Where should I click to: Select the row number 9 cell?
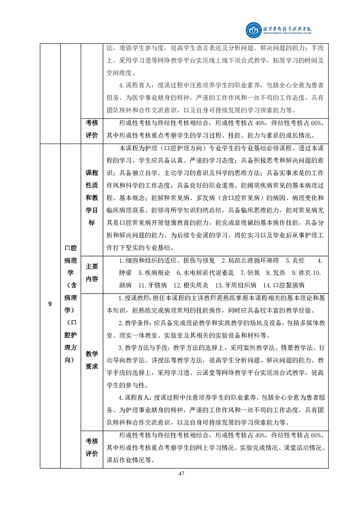[x=50, y=304]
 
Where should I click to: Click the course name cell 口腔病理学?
[x=70, y=304]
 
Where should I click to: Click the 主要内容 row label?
[x=92, y=272]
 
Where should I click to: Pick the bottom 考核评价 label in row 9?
[x=92, y=448]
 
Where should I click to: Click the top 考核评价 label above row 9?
[x=92, y=129]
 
